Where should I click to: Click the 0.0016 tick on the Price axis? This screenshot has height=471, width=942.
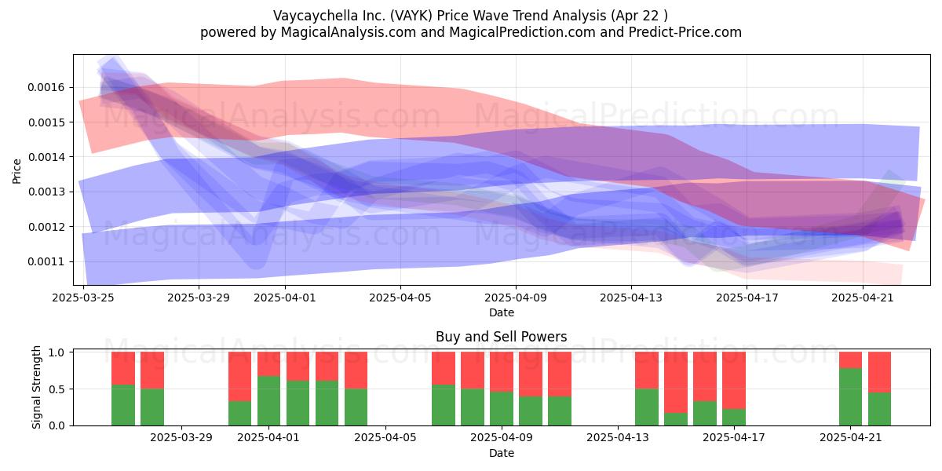pyautogui.click(x=46, y=87)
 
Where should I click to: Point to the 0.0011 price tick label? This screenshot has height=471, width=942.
pyautogui.click(x=46, y=261)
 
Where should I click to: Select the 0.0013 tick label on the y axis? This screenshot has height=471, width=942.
pyautogui.click(x=46, y=192)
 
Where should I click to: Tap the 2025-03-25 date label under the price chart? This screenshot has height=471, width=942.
pyautogui.click(x=83, y=298)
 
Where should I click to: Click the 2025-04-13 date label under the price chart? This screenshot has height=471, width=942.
pyautogui.click(x=631, y=298)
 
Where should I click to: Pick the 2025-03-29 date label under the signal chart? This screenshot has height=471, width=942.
pyautogui.click(x=181, y=437)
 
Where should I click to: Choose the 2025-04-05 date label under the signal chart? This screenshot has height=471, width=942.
pyautogui.click(x=385, y=437)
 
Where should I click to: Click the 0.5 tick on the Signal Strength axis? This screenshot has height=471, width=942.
pyautogui.click(x=57, y=389)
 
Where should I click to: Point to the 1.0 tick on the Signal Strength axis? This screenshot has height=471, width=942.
pyautogui.click(x=57, y=352)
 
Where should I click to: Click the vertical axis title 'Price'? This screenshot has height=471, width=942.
pyautogui.click(x=16, y=171)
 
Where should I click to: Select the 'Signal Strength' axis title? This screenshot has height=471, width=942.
pyautogui.click(x=37, y=387)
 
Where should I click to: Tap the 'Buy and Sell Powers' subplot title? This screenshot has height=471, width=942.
pyautogui.click(x=502, y=337)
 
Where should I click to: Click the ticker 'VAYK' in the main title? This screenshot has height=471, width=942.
pyautogui.click(x=411, y=16)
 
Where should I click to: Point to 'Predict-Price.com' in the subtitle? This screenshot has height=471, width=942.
pyautogui.click(x=685, y=32)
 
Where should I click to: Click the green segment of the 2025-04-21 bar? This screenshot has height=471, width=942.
pyautogui.click(x=850, y=396)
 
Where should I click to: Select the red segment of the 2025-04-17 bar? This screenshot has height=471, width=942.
pyautogui.click(x=734, y=380)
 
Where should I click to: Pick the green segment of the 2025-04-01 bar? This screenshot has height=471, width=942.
pyautogui.click(x=268, y=400)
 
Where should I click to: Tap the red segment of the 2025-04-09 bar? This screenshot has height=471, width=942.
pyautogui.click(x=502, y=372)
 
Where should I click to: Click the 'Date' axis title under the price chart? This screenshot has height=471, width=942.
pyautogui.click(x=502, y=312)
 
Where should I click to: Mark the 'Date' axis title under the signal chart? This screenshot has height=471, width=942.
pyautogui.click(x=502, y=453)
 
